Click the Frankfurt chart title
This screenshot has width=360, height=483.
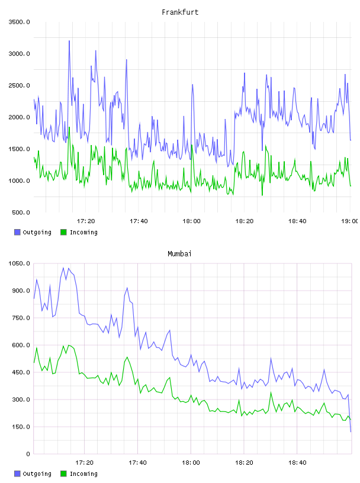pos(180,12)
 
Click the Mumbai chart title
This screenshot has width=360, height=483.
pos(179,254)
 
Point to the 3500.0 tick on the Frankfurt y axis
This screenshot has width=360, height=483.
pos(19,22)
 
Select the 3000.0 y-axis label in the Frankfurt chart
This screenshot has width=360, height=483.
pos(19,54)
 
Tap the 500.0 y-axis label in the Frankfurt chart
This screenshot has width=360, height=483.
pos(21,212)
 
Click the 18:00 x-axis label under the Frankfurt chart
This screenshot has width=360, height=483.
pos(191,221)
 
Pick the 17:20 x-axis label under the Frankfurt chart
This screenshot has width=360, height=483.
pos(86,221)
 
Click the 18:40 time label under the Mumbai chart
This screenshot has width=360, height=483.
pos(297,463)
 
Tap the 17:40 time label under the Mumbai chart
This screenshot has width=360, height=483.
pos(137,463)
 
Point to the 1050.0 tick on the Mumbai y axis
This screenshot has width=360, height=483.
pos(19,263)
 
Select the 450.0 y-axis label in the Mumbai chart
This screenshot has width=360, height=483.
pos(21,372)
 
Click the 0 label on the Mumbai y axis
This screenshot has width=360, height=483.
pos(28,454)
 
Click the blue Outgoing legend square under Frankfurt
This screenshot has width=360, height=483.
pos(17,232)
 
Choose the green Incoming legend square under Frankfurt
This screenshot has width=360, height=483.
pos(63,232)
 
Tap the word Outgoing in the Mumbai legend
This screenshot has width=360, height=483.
pos(37,474)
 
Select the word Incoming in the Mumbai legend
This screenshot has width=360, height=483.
pos(83,474)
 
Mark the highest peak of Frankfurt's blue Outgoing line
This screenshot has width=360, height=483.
pos(69,41)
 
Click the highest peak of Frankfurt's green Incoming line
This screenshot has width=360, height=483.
pos(69,127)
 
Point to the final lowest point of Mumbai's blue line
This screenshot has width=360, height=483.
pos(351,432)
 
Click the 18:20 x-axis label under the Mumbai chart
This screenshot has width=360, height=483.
pos(244,463)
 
